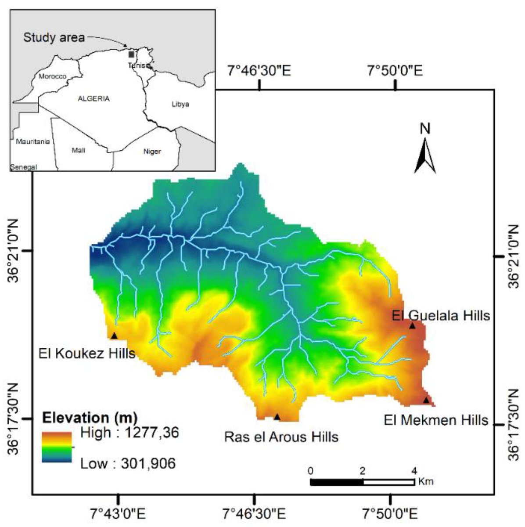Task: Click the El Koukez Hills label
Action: point(87,354)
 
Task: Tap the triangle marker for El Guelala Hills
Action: point(412,326)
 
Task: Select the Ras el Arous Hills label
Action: point(281,437)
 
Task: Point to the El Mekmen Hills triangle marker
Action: point(426,400)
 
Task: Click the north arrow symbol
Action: point(425,156)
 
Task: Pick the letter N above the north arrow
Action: point(425,129)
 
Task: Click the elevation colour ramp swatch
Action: point(57,447)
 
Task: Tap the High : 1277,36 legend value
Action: point(130,433)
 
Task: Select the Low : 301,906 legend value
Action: point(128,463)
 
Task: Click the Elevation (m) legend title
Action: point(90,416)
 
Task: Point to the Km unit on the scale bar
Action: point(426,482)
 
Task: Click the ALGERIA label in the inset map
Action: point(93,99)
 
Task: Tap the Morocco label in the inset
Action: point(52,76)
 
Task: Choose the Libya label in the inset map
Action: point(180,104)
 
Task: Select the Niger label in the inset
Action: point(152,152)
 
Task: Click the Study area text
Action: point(54,38)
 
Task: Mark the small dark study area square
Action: point(131,54)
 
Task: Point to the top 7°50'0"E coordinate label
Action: point(395,70)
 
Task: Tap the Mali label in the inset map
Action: point(78,151)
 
